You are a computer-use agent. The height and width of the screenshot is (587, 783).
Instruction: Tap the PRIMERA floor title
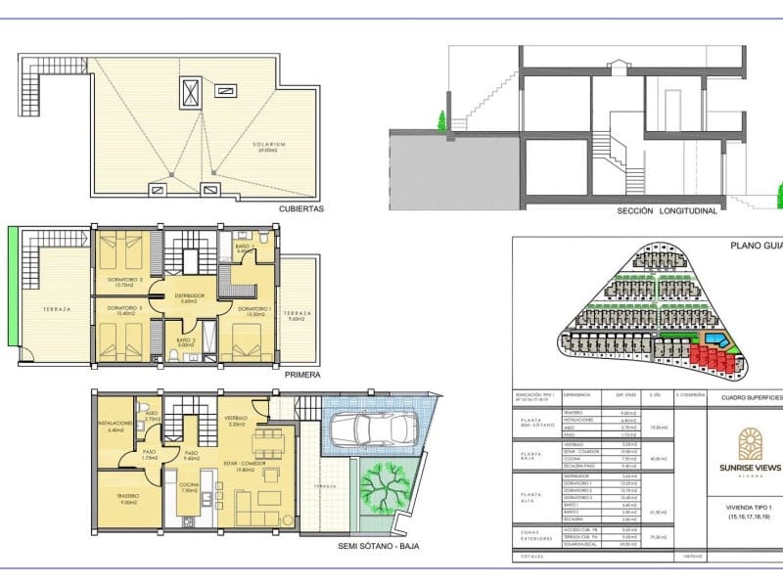[x=301, y=373]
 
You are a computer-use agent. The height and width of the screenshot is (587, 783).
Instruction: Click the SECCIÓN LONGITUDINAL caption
[x=667, y=209]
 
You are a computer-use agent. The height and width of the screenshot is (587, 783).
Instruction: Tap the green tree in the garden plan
[x=383, y=483]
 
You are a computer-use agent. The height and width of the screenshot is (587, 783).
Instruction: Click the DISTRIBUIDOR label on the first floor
[x=189, y=294]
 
